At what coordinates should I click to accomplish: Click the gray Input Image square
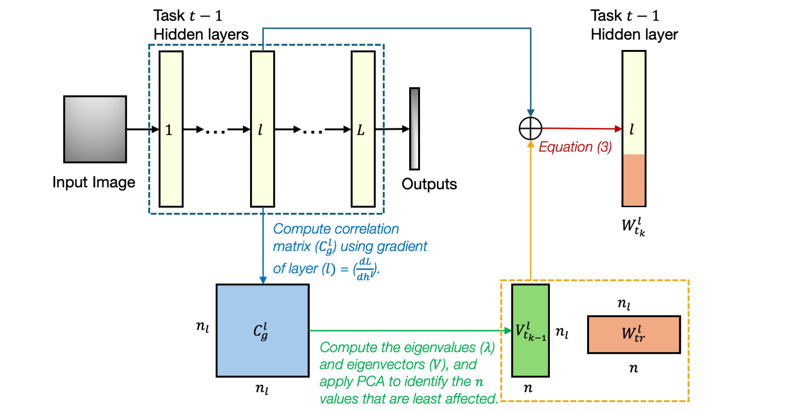pos(95,129)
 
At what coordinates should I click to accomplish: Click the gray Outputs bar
pos(414,129)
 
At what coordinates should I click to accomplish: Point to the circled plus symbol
pos(531,129)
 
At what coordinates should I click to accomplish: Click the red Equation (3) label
pos(575,147)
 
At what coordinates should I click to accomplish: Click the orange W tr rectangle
pos(634,334)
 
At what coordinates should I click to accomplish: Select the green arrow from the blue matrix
pos(410,331)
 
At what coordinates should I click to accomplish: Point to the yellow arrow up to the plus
pos(531,212)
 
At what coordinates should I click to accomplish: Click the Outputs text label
pos(429,184)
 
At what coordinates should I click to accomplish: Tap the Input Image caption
pos(94,182)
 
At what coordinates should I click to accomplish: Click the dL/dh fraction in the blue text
pos(365,269)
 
